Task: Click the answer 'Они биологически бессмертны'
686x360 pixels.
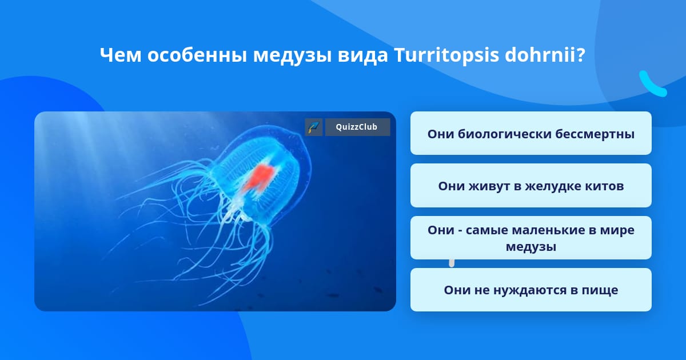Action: pyautogui.click(x=531, y=134)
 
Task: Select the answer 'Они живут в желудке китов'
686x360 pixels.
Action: pyautogui.click(x=531, y=186)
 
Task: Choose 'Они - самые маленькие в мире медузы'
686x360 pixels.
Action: pyautogui.click(x=531, y=238)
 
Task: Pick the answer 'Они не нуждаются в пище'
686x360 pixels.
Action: pyautogui.click(x=531, y=290)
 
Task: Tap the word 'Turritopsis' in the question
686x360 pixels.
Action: pyautogui.click(x=446, y=55)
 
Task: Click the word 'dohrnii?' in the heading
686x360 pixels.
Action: pyautogui.click(x=545, y=54)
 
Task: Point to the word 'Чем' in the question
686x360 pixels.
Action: pyautogui.click(x=121, y=55)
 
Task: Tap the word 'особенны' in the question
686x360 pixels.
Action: pyautogui.click(x=197, y=55)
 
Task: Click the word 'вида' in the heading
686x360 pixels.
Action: pyautogui.click(x=362, y=55)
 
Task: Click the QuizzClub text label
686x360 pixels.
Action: pyautogui.click(x=356, y=127)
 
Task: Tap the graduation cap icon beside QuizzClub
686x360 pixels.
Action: pyautogui.click(x=314, y=127)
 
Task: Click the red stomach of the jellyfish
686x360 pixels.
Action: pyautogui.click(x=258, y=178)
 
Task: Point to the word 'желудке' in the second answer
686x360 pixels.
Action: pyautogui.click(x=554, y=186)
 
